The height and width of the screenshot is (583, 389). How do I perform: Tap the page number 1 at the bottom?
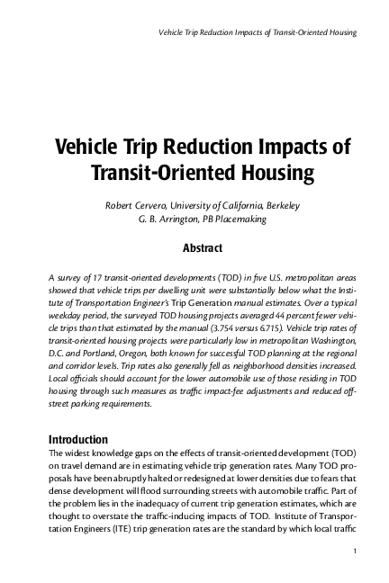(x=357, y=551)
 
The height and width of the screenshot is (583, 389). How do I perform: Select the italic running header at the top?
(x=258, y=33)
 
